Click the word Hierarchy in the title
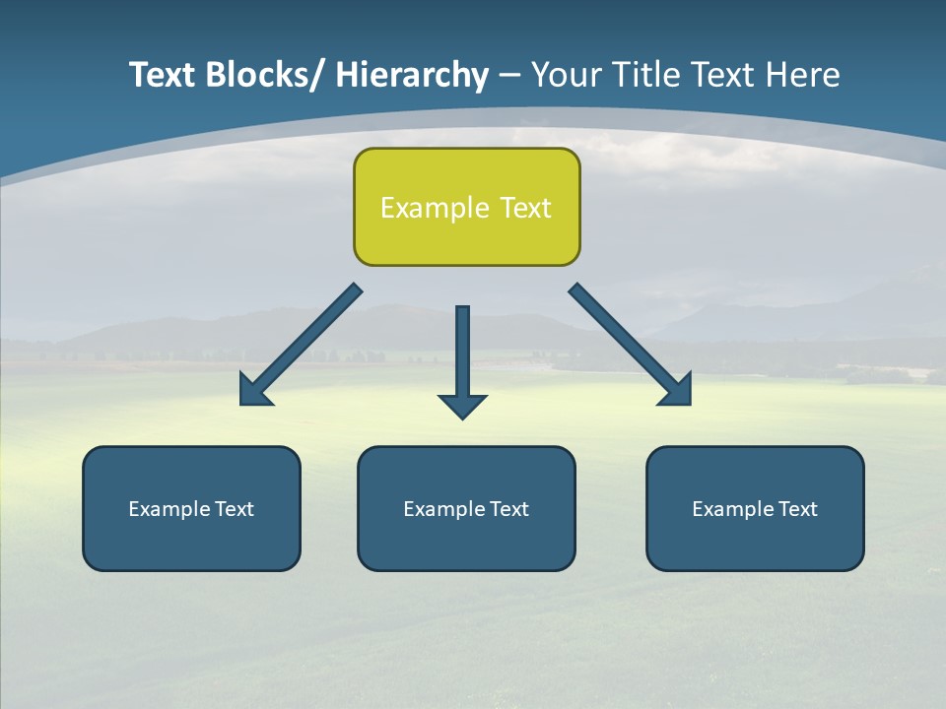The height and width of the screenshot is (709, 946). pos(411,75)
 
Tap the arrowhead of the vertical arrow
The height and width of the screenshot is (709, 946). pos(462,406)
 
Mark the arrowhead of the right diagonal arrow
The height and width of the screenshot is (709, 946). pos(679,392)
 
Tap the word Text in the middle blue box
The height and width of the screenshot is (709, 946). pos(509,509)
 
